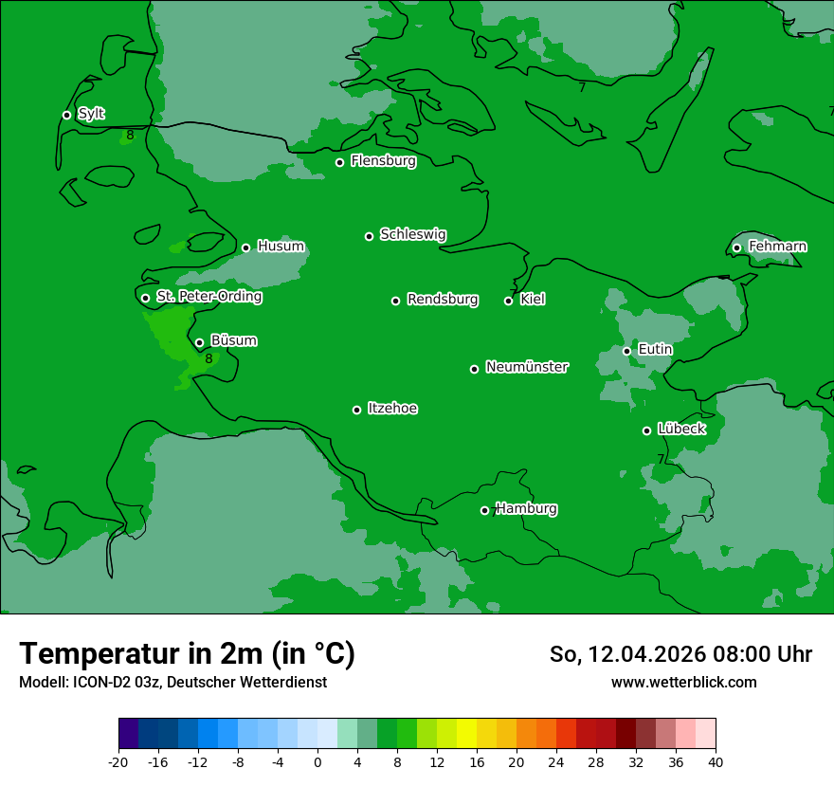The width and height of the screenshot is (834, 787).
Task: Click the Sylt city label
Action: click(x=91, y=114)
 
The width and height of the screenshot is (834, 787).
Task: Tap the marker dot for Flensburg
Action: click(x=339, y=162)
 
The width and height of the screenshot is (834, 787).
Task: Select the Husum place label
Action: click(x=281, y=247)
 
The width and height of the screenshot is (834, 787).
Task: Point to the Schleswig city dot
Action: click(x=369, y=236)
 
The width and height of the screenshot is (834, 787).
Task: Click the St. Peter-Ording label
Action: click(x=208, y=297)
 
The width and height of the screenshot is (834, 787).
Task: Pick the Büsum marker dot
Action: click(x=199, y=342)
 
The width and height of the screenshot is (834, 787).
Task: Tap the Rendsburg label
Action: click(x=443, y=300)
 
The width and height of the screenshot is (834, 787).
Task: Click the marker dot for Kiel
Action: click(x=508, y=301)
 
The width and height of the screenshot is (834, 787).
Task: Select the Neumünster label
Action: click(x=527, y=367)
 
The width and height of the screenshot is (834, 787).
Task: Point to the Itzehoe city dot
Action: click(x=356, y=410)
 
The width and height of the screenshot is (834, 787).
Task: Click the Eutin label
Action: click(x=655, y=350)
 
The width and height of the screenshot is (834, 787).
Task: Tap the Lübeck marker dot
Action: click(x=646, y=430)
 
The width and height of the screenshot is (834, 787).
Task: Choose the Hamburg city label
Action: click(x=526, y=509)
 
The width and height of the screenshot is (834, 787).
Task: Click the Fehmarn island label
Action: click(x=777, y=247)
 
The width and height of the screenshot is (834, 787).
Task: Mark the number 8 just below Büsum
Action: click(x=208, y=359)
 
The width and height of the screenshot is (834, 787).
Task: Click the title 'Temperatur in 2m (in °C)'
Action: click(x=187, y=653)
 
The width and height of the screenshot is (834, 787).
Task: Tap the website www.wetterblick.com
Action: click(x=683, y=682)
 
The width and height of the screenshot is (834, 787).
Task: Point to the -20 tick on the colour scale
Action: click(x=118, y=761)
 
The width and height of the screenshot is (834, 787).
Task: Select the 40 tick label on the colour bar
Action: click(x=716, y=761)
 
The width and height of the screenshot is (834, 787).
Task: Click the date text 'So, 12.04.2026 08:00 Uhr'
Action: click(x=680, y=654)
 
